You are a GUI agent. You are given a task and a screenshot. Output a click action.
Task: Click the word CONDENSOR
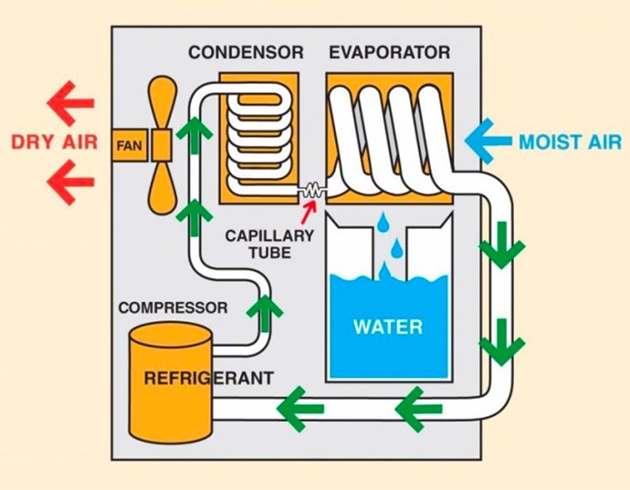(x=246, y=53)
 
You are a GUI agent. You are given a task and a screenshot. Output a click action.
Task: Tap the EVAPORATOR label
(x=390, y=53)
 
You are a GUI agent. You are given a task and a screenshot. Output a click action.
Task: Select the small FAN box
(x=130, y=145)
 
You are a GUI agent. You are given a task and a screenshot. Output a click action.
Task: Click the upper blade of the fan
(x=163, y=102)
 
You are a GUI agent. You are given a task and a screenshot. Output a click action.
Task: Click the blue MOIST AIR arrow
(x=488, y=141)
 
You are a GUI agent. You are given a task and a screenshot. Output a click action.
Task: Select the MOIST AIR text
(x=570, y=142)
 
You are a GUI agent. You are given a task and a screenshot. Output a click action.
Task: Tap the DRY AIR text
(x=54, y=142)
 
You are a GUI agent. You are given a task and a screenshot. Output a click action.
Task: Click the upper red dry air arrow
(x=70, y=103)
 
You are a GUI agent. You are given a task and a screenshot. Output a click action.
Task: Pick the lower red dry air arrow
(x=70, y=182)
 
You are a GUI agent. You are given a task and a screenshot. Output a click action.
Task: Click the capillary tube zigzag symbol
(x=312, y=191)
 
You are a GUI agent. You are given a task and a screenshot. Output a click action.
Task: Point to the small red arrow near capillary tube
(x=308, y=212)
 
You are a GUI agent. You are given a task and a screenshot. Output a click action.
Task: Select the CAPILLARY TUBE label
(x=269, y=244)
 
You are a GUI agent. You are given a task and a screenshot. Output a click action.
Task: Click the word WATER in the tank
(x=388, y=327)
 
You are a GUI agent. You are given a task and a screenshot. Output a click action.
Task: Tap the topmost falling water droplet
(x=383, y=223)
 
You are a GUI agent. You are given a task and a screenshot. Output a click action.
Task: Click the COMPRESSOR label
(x=173, y=308)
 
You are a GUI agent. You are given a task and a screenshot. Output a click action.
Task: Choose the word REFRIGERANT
(x=209, y=378)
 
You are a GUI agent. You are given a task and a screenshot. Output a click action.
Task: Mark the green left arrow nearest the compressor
(x=300, y=409)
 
